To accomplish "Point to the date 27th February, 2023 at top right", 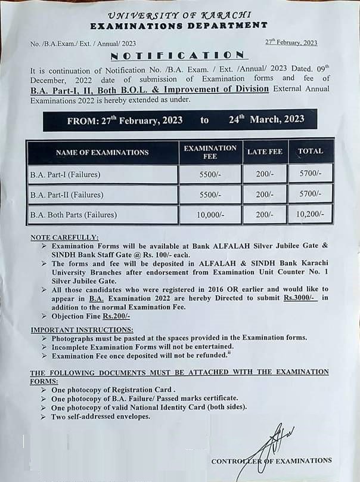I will click(291, 42).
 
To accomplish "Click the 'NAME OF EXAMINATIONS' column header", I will click(102, 152).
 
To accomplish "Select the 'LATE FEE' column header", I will click(264, 152).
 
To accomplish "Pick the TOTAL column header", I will click(311, 152).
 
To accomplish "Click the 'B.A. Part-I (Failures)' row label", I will click(65, 175).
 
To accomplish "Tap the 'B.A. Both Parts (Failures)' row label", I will click(73, 214).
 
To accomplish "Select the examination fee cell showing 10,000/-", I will click(210, 214).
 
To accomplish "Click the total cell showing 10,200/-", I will click(311, 214).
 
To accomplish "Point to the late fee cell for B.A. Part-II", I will click(264, 194).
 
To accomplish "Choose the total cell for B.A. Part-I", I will click(311, 175).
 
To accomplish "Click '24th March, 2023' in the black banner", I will click(266, 119).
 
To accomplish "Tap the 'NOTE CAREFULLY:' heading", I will click(65, 237).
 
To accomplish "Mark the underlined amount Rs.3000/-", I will click(300, 298).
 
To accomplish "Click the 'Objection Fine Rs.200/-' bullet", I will click(91, 316).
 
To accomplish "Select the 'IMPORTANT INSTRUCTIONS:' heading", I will click(82, 329).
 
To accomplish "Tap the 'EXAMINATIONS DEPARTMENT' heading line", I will click(179, 26).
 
